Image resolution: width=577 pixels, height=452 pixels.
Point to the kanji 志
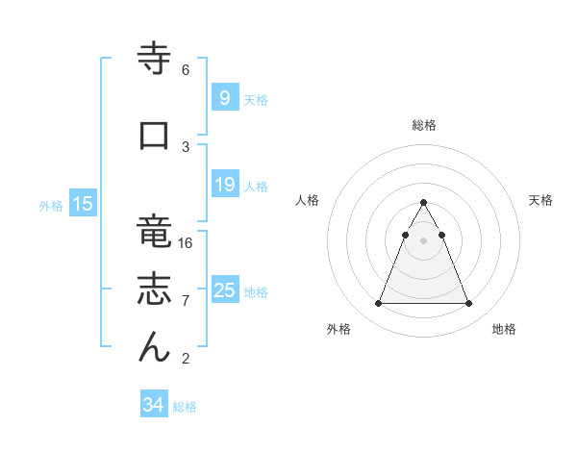[x=153, y=290]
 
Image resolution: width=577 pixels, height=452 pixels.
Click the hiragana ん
[x=153, y=348]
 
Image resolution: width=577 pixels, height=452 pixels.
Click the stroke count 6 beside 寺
[x=185, y=70]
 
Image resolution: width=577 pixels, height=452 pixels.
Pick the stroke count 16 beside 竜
[x=187, y=243]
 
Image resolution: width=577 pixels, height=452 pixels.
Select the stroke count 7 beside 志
[x=185, y=301]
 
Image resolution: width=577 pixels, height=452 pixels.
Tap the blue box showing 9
[x=224, y=98]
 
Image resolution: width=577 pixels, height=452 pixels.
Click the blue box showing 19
[x=224, y=185]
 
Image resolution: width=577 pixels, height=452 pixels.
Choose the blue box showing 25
[x=224, y=290]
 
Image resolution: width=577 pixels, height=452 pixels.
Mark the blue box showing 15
[x=83, y=204]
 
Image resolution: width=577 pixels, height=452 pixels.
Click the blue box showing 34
[x=153, y=406]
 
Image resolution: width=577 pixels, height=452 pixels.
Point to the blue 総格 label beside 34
[x=185, y=408]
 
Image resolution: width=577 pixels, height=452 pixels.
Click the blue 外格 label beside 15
[x=51, y=206]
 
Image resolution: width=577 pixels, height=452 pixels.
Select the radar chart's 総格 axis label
[x=423, y=125]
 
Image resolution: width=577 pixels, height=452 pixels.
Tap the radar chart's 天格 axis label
[x=540, y=200]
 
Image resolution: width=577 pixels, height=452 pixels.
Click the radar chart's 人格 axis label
[x=307, y=200]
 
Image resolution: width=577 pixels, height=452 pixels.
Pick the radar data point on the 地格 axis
[x=468, y=304]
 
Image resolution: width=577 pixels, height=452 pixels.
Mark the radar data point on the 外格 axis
[x=378, y=304]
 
